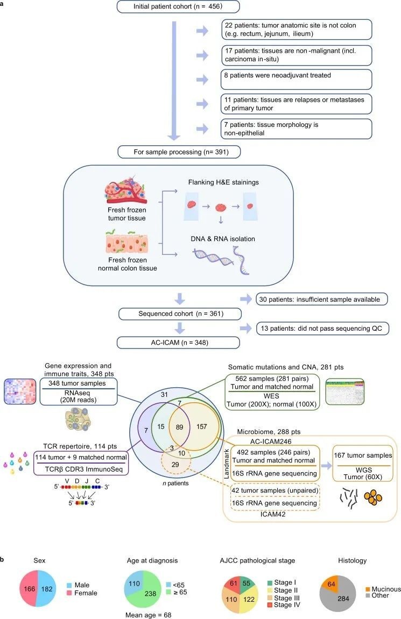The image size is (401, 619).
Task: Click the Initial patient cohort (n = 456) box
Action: (x=178, y=6)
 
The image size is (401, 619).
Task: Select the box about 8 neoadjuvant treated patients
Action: (x=296, y=80)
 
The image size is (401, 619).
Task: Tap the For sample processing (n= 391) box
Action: (x=179, y=152)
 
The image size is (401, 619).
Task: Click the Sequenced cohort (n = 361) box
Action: (x=180, y=314)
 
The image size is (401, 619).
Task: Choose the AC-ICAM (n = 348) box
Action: (x=178, y=343)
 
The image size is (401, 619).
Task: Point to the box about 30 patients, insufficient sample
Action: (x=321, y=299)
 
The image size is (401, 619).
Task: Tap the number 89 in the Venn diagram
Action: (x=179, y=427)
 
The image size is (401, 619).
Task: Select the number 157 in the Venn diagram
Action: (x=201, y=427)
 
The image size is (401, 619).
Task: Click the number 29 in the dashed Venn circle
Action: (x=175, y=465)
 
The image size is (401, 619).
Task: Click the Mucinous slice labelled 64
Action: (x=330, y=584)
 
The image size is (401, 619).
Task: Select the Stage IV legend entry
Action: (x=284, y=605)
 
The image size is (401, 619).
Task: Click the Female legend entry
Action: (x=82, y=593)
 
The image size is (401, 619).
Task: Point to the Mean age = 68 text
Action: (x=149, y=615)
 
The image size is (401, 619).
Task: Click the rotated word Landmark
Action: (x=227, y=464)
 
